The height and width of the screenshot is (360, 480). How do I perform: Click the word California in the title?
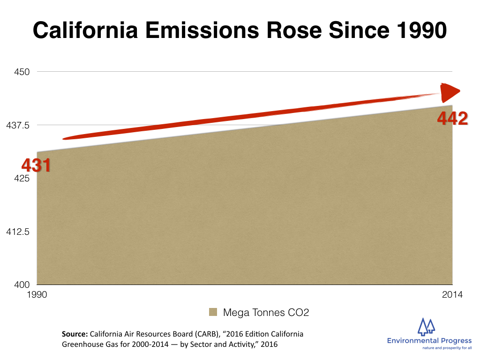85,30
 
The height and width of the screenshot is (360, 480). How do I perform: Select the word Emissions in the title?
202,30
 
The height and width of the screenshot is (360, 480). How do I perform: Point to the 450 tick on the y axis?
22,72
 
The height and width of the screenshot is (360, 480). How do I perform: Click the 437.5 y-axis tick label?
18,125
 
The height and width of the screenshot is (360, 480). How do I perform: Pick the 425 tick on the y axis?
22,178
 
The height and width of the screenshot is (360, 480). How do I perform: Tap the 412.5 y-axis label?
18,232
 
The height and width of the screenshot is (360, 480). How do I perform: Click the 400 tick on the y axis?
22,285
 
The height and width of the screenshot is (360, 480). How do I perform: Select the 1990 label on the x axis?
37,294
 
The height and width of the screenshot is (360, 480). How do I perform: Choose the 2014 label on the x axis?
452,294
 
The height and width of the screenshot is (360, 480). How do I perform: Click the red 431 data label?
36,165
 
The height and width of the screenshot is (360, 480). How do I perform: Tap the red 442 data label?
452,118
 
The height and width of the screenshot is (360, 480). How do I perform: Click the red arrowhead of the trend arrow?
449,92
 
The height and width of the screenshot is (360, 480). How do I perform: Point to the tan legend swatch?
213,312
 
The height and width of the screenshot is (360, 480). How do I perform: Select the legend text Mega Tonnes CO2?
266,312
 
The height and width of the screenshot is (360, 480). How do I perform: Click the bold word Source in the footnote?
75,334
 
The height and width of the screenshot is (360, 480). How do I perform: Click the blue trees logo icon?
427,326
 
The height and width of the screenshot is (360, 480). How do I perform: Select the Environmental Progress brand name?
429,341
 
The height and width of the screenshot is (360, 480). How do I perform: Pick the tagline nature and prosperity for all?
447,348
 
